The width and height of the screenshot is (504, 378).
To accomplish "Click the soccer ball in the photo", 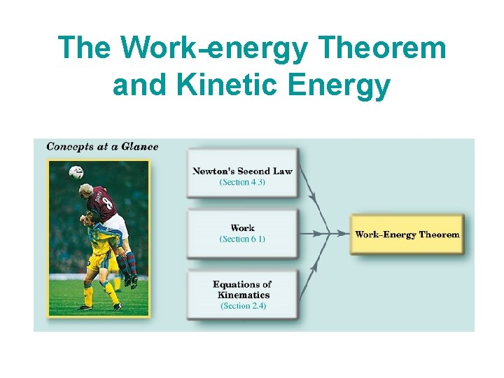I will pos(76,171).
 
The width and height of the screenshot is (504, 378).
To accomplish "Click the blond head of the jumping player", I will pos(87,190).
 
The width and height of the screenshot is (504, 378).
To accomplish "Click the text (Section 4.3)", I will pos(242,183).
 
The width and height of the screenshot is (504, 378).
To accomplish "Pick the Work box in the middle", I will pos(242,233).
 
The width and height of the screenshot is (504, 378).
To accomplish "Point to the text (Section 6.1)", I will pos(242,239).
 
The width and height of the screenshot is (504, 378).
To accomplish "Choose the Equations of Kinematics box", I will pos(242,294).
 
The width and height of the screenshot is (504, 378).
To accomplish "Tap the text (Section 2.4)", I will pos(243,306).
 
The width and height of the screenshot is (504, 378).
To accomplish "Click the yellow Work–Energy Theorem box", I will pos(407,234).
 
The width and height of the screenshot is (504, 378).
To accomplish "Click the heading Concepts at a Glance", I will pos(102,147).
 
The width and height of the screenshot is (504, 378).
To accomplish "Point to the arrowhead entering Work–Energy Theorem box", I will pos(344,234).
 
